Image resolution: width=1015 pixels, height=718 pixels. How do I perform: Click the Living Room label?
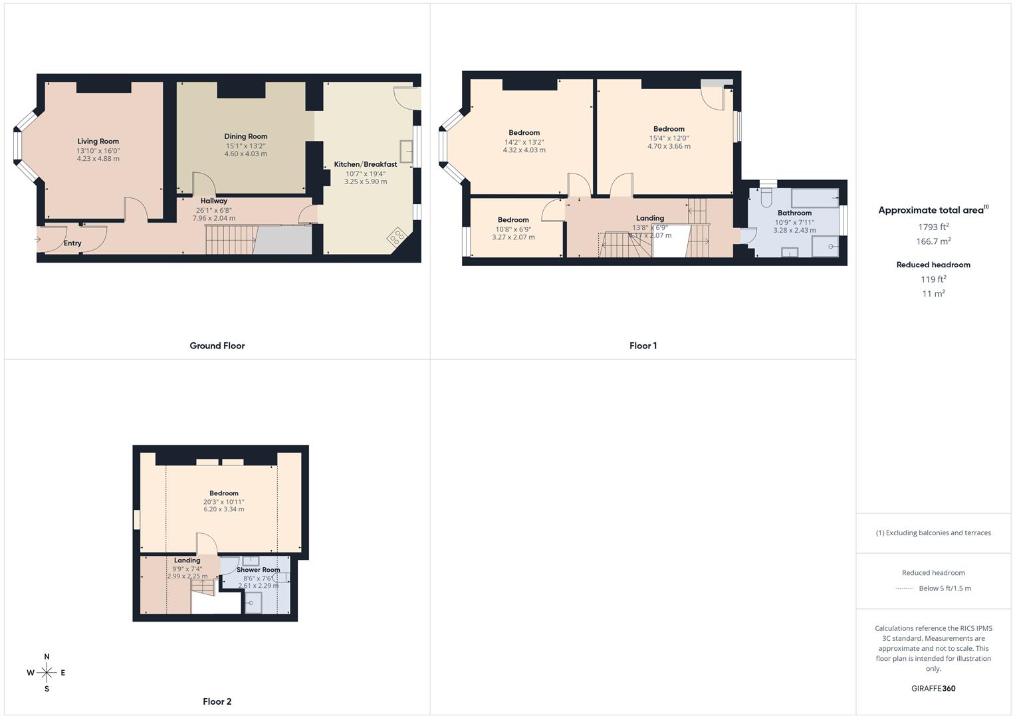98,141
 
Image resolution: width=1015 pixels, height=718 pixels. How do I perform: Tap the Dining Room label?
245,136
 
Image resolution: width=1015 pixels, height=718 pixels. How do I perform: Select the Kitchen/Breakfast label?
365,164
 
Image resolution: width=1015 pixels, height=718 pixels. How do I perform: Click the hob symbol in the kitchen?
397,236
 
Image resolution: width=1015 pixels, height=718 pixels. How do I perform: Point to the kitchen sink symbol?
406,152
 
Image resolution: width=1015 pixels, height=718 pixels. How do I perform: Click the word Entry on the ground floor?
72,243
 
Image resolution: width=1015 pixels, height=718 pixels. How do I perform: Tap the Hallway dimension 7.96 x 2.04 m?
214,218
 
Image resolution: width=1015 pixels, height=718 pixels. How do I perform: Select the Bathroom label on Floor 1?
794,213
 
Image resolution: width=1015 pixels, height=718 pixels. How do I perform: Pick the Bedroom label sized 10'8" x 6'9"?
513,220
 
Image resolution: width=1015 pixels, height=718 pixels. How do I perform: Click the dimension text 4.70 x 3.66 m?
669,146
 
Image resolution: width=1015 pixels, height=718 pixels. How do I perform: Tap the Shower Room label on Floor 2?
258,570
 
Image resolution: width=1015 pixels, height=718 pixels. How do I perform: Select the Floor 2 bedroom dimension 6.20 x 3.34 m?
223,509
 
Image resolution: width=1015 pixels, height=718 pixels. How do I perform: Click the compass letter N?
47,657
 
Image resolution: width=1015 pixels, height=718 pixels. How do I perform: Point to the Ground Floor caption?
217,346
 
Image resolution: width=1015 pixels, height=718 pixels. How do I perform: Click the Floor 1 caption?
643,346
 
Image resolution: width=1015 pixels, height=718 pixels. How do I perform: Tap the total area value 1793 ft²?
933,227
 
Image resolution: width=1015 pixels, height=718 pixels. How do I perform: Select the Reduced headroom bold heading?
933,265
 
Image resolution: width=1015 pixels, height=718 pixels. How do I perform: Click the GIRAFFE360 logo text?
933,688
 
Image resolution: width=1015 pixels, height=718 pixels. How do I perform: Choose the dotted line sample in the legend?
905,588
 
